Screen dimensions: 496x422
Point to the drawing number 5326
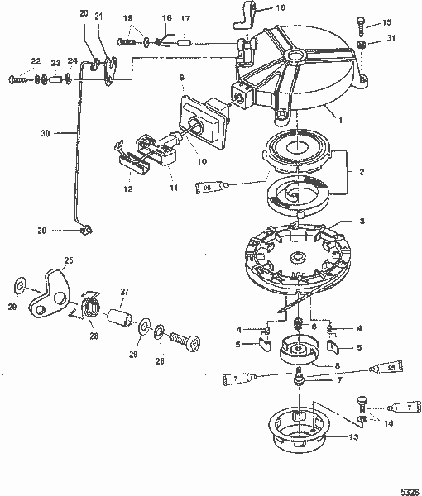[x=408, y=488]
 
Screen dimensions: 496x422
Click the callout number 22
[x=34, y=62]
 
